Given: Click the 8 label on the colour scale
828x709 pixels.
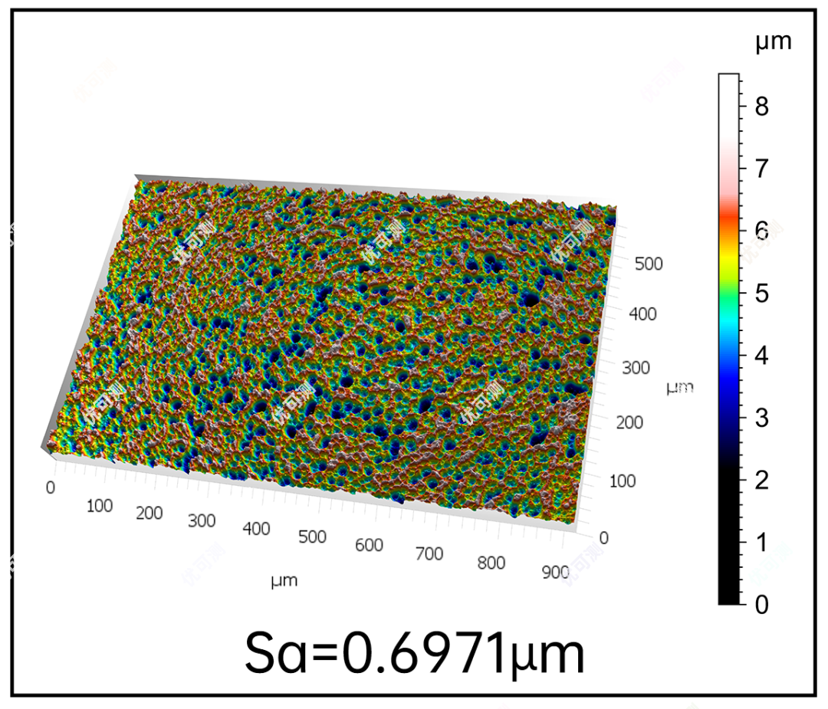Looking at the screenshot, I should coord(761,106).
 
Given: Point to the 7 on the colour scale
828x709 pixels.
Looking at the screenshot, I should coord(761,168).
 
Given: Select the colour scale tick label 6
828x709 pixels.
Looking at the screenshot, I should coord(761,230).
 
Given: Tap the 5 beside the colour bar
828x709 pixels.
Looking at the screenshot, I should coord(761,293).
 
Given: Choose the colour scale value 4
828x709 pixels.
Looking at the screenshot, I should coord(761,356).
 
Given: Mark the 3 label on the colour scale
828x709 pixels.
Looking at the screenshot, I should coord(761,418).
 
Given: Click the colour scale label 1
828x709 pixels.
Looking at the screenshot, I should coord(761,543).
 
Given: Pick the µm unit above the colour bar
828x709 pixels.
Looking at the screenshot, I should coord(773,42).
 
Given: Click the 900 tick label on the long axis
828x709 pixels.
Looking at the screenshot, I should coord(555,572).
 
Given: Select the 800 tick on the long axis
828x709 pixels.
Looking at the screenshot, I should coord(491,563).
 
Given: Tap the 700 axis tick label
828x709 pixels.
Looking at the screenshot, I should coord(429,553).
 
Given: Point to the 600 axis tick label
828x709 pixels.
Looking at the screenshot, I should coord(369,545).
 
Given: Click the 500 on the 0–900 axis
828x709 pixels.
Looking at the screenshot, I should coord(313,537).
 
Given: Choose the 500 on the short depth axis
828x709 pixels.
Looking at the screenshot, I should coord(648,264).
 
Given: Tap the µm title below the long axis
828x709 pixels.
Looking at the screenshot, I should coord(284,581).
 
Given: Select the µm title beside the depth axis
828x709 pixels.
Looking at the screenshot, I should coord(679,388).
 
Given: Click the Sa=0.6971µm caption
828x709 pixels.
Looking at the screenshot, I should coord(414,653).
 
